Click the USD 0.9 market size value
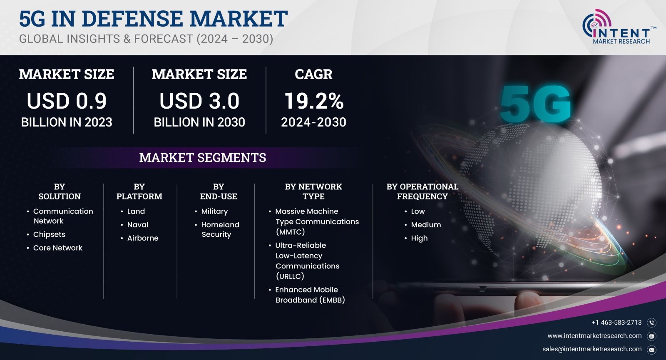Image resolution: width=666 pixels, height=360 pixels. coord(67,101)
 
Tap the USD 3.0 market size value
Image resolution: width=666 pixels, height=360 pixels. coord(199,101)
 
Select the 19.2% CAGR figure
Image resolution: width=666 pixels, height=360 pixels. coord(314,101)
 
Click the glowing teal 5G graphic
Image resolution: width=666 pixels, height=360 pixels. coord(535,104)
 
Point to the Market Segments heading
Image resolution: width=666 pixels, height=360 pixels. coord(202,158)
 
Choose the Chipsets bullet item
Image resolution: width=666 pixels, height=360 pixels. coord(49,234)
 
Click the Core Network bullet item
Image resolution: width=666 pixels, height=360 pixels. coord(58,248)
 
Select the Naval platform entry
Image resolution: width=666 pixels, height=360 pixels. coord(138,225)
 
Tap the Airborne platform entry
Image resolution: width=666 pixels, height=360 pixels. coord(143,238)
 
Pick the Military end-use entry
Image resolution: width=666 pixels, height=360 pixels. coord(214,211)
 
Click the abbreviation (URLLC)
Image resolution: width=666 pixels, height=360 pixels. coord(290,276)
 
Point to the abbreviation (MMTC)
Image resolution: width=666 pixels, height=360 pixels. coord(290,231)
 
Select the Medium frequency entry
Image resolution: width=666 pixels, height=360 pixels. coord(426,225)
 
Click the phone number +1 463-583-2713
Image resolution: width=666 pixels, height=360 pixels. coord(616,323)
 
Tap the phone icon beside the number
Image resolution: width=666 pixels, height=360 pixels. coord(651,323)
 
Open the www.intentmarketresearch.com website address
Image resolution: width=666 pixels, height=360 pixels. coord(594,336)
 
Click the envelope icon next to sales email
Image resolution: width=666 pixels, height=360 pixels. coord(651,350)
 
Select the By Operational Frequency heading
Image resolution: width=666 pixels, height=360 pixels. coord(422,191)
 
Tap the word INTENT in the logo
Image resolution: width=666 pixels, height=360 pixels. coord(621,33)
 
